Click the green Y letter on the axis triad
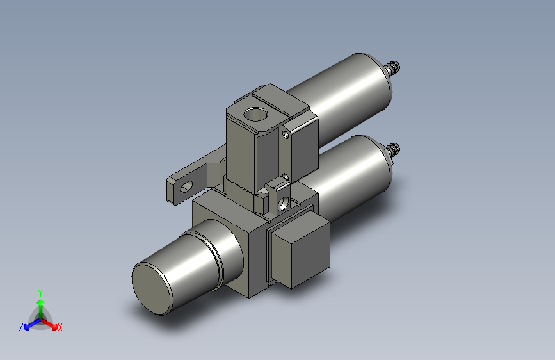(40, 293)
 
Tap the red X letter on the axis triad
(60, 327)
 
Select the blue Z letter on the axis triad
(21, 327)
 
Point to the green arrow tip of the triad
(41, 302)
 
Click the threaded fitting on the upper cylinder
(392, 67)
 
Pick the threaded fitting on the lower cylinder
(392, 150)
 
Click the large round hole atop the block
(255, 114)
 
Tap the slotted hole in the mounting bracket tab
(186, 187)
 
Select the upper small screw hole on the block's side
(286, 135)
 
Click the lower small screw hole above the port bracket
(286, 176)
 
